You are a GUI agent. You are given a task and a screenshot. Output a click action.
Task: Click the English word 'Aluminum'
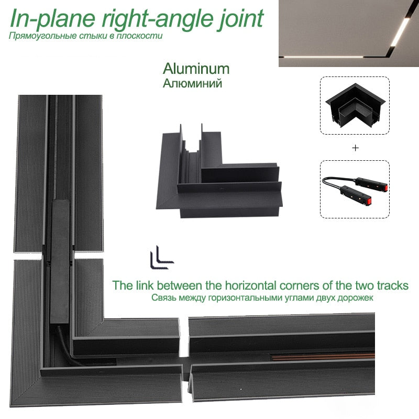coord(196,69)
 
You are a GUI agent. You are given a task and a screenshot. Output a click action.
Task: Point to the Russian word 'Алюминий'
coord(192,83)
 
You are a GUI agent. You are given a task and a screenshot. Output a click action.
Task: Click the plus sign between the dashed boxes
coord(355,148)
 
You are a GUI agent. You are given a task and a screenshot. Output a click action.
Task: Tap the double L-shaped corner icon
coord(162,257)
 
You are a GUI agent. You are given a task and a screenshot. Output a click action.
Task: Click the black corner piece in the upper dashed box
coord(355,106)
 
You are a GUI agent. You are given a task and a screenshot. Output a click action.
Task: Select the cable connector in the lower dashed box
coord(355,189)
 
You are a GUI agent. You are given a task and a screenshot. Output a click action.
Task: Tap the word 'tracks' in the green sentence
coord(393,285)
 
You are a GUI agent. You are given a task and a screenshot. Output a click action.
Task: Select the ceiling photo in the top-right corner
coord(349,33)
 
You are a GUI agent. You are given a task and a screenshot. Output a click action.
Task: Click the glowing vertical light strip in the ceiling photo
coord(400,32)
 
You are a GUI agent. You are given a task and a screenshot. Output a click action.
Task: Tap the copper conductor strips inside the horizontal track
coord(323,357)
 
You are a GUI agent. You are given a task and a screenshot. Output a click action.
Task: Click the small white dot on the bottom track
coord(241,389)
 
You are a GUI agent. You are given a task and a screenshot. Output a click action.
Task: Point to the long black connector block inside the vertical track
coord(60,261)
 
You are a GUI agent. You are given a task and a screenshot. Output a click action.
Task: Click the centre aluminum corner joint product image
coord(219,171)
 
